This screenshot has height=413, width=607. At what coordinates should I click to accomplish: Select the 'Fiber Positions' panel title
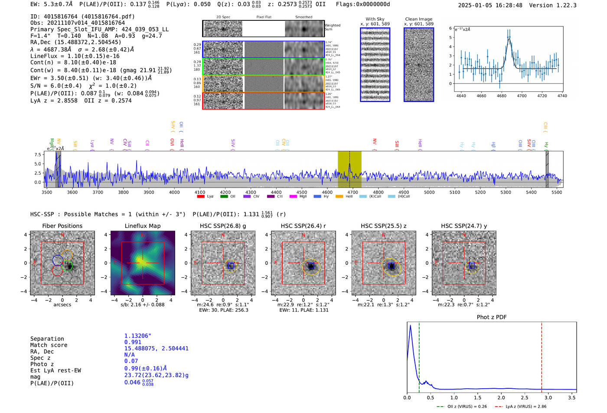tap(62, 226)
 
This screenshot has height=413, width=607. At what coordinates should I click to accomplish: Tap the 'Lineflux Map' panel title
tap(143, 226)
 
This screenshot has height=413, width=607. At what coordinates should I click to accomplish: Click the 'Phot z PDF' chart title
tap(492, 317)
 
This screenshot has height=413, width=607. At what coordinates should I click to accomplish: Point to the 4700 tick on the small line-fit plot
tap(522, 96)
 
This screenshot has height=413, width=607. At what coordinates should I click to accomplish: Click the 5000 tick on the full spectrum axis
tap(429, 192)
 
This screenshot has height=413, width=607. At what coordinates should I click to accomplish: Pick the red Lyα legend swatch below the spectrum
tap(201, 196)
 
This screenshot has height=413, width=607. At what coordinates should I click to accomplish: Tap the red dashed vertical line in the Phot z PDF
tap(542, 355)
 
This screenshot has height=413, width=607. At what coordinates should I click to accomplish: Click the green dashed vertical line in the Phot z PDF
tap(419, 355)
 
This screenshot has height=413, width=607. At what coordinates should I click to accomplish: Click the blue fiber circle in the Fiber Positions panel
tap(58, 260)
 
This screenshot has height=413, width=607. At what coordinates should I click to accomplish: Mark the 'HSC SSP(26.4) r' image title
tap(303, 226)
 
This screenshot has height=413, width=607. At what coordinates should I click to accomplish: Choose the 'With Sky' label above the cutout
tap(375, 19)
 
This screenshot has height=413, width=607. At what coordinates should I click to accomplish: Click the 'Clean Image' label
tap(418, 19)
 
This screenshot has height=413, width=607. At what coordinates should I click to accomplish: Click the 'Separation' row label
tap(47, 339)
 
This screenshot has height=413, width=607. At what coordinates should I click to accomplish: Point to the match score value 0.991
tap(133, 342)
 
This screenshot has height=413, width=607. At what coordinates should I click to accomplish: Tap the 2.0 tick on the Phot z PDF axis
tap(501, 397)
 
